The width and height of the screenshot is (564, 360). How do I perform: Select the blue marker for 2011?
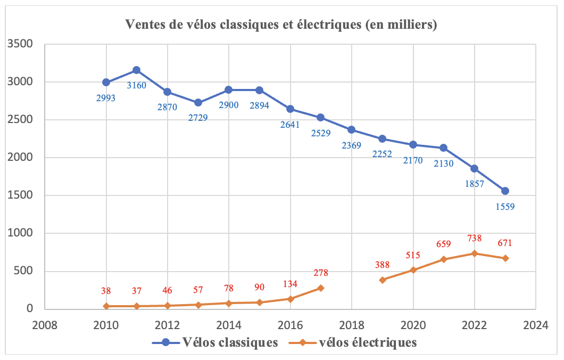[x=136, y=70]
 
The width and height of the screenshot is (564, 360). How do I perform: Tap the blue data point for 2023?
[x=505, y=191]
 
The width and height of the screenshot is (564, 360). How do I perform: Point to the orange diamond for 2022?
[x=474, y=253]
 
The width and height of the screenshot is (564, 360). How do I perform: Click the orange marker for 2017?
[x=320, y=288]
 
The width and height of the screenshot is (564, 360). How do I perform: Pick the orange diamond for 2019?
[x=382, y=280]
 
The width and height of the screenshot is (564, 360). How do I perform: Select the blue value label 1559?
[x=504, y=207]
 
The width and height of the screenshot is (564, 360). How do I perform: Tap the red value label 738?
[x=474, y=238]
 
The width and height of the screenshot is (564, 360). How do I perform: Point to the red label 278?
[x=320, y=273]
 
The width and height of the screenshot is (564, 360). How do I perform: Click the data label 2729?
[x=197, y=117]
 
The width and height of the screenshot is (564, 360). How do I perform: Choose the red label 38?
[x=106, y=291]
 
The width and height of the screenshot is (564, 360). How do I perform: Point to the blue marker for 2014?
[x=228, y=90]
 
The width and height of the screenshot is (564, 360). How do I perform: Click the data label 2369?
[x=352, y=145]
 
